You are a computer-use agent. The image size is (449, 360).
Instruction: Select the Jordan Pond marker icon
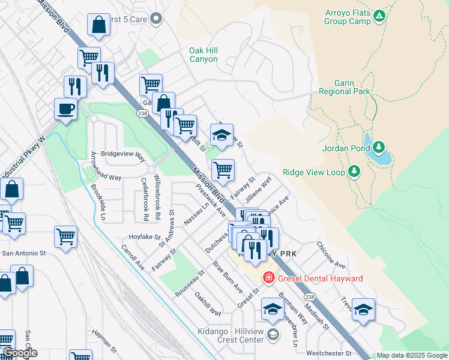click(378, 147)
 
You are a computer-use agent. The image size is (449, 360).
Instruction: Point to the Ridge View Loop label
click(314, 172)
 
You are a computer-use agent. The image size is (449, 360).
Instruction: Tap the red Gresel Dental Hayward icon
click(268, 278)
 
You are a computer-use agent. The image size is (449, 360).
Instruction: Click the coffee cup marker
click(65, 109)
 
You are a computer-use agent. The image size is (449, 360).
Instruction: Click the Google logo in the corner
click(20, 353)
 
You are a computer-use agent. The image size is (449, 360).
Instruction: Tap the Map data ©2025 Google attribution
click(412, 355)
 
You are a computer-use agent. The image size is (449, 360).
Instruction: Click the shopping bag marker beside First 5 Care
click(99, 25)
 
